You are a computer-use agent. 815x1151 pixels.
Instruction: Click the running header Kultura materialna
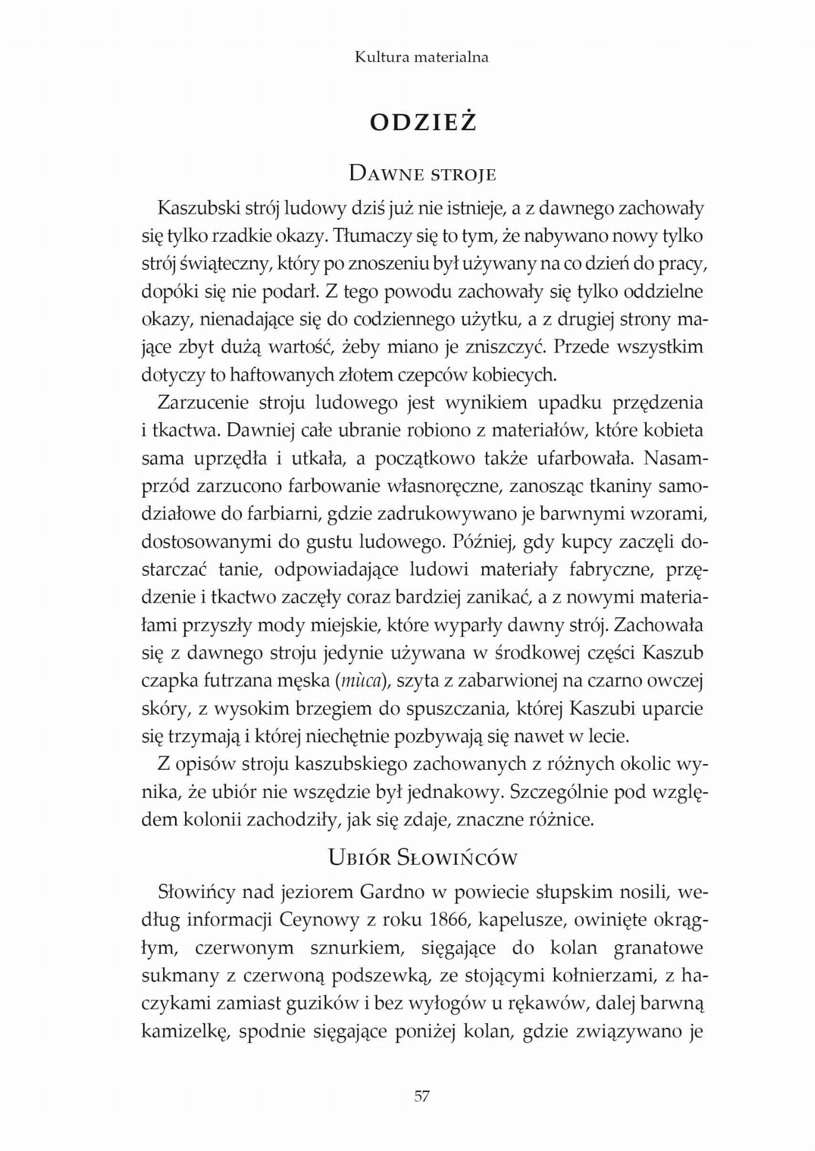coord(421,57)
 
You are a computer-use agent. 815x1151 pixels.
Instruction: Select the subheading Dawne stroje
coord(422,174)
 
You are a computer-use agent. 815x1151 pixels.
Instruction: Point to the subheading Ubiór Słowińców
coord(422,859)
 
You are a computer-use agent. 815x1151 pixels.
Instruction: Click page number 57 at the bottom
coord(422,1096)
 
